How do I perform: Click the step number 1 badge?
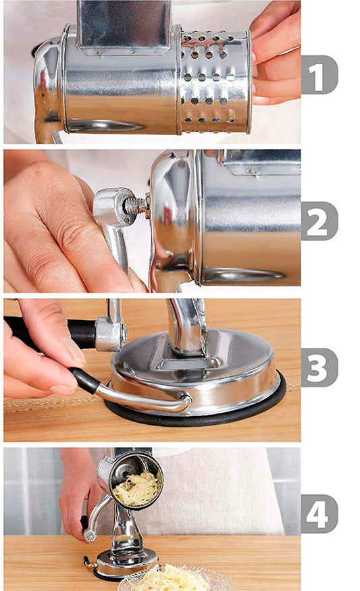click(x=319, y=74)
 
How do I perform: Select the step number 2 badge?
click(x=319, y=221)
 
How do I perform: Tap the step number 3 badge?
click(x=319, y=367)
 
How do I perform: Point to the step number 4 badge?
click(x=319, y=514)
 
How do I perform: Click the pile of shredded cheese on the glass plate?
click(x=172, y=580)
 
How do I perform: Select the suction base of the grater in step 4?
click(x=125, y=561)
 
